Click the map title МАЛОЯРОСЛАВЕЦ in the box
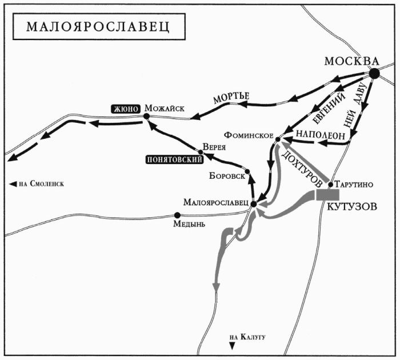94,28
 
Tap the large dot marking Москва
374,73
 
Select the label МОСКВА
351,61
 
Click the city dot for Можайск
147,116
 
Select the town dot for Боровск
247,171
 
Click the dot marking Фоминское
277,138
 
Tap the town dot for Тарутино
331,184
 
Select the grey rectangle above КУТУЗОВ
328,195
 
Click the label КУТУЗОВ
353,208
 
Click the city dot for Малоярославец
253,203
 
